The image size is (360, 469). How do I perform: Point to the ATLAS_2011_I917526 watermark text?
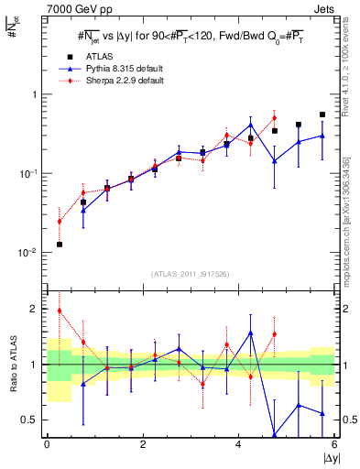pyautogui.click(x=191, y=274)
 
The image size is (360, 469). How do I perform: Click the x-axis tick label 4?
pyautogui.click(x=239, y=444)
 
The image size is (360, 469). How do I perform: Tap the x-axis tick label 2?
pyautogui.click(x=143, y=444)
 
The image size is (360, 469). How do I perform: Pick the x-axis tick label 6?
pyautogui.click(x=335, y=444)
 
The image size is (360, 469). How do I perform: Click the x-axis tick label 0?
pyautogui.click(x=47, y=444)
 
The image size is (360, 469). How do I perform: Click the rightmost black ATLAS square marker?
pyautogui.click(x=322, y=115)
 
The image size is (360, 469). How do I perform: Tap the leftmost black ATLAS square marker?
pyautogui.click(x=59, y=245)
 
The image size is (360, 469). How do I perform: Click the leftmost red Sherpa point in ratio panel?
pyautogui.click(x=59, y=311)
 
